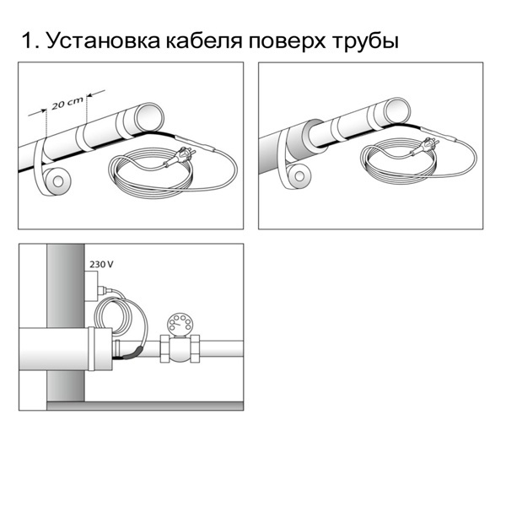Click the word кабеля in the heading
[x=205, y=40]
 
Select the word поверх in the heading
[x=287, y=43]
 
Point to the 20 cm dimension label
[x=67, y=103]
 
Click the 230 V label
[x=101, y=265]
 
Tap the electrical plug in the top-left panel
[x=180, y=157]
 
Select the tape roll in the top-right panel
[x=298, y=176]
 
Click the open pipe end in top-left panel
[x=148, y=116]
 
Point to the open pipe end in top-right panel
[x=396, y=110]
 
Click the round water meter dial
[x=179, y=323]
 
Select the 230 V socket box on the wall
[x=91, y=287]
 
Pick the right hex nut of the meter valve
[x=195, y=348]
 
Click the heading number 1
[x=28, y=40]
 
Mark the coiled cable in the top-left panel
[x=151, y=177]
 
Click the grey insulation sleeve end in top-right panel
[x=314, y=136]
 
